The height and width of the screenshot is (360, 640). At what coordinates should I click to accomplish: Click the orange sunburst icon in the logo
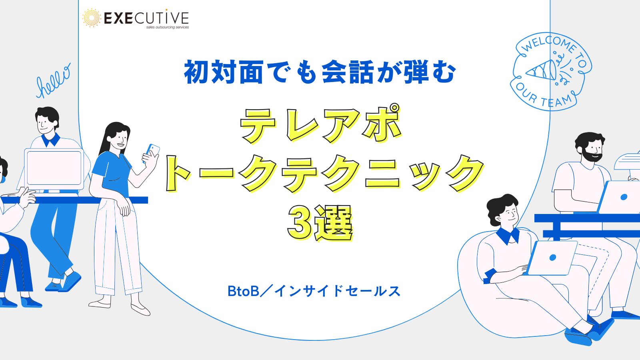click(x=92, y=18)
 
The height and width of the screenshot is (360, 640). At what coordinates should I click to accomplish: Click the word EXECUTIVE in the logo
click(x=146, y=18)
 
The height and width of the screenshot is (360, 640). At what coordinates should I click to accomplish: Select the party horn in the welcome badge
click(x=541, y=70)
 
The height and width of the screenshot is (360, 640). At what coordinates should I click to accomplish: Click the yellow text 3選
click(x=320, y=223)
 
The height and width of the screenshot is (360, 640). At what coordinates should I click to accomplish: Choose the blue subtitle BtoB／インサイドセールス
click(x=314, y=291)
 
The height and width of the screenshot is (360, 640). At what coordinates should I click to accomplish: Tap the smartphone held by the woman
click(x=152, y=152)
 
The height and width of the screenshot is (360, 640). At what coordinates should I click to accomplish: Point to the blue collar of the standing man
click(x=50, y=140)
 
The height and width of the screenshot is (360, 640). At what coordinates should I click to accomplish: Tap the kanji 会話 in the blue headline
click(x=348, y=72)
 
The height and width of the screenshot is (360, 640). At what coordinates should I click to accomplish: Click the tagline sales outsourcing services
click(x=168, y=27)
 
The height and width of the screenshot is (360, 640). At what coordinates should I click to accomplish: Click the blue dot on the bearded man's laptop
click(x=624, y=197)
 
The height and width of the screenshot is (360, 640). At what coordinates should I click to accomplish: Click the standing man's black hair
click(x=48, y=115)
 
